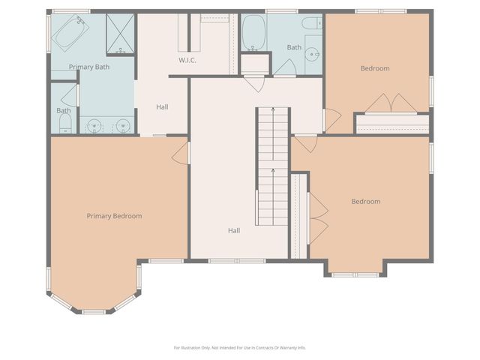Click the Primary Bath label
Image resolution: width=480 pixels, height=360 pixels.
point(90,67)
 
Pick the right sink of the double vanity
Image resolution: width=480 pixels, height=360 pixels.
point(124,124)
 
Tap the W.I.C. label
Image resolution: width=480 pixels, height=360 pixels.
point(187,60)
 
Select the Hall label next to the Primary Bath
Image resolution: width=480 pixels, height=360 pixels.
point(162,106)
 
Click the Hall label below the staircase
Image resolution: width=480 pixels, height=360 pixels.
point(234,230)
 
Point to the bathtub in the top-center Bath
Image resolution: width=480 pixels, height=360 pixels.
point(254,32)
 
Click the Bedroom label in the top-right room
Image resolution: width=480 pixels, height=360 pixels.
point(375,68)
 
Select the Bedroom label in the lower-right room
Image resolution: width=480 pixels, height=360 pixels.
point(366,201)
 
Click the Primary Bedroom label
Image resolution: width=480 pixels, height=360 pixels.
point(114,216)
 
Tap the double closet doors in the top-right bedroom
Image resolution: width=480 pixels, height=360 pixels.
point(391,102)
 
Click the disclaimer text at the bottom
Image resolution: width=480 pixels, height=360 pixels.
point(240,347)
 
